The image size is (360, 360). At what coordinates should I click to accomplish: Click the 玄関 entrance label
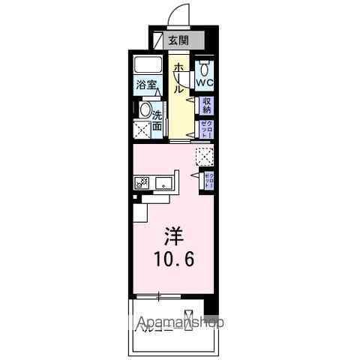click(x=178, y=40)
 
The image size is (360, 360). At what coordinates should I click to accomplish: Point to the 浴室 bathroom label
click(x=146, y=85)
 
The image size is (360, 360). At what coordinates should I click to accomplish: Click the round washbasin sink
click(x=145, y=109)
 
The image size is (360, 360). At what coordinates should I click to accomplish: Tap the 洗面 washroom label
click(x=157, y=121)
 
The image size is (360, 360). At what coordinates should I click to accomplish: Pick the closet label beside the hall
click(x=205, y=128)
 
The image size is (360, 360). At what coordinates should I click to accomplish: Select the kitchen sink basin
click(x=164, y=182)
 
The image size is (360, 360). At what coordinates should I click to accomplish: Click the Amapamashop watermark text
click(x=179, y=323)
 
